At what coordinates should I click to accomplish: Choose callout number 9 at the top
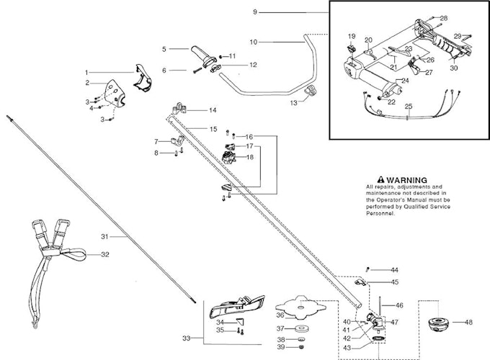(x=234, y=12)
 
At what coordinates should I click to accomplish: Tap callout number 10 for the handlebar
(x=253, y=42)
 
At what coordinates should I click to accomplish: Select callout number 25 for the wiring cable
(x=409, y=107)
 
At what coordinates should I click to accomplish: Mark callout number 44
(x=394, y=269)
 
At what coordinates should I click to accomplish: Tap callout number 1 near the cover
(x=87, y=72)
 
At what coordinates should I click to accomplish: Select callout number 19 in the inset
(x=352, y=35)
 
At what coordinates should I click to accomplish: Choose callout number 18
(x=250, y=157)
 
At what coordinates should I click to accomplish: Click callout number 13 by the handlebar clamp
(x=294, y=103)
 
